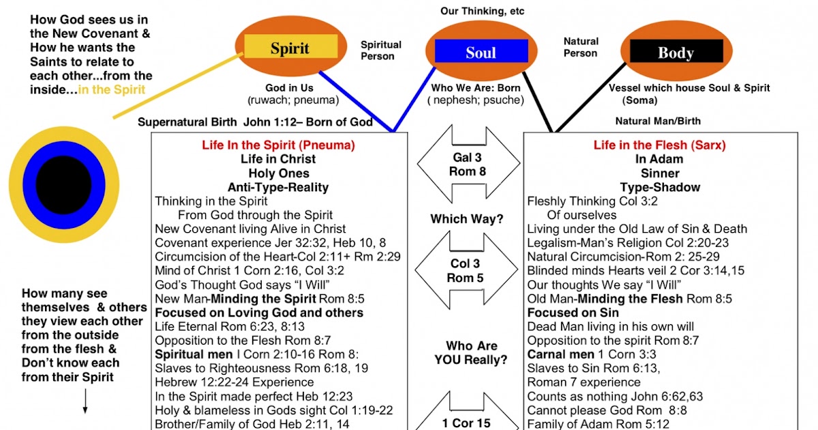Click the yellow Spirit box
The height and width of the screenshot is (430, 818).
tap(290, 47)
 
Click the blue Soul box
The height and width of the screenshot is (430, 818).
tap(481, 53)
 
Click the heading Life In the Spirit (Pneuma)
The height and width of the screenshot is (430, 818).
tap(278, 145)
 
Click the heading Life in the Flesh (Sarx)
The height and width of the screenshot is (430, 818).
tap(659, 145)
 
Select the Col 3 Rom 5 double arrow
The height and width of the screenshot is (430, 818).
tap(467, 270)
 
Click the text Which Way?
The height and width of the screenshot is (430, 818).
tap(467, 219)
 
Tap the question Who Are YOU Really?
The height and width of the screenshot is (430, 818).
tap(471, 353)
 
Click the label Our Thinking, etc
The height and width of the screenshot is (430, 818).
tap(483, 11)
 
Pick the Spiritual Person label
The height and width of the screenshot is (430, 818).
tap(380, 50)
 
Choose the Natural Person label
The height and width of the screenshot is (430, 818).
tap(581, 47)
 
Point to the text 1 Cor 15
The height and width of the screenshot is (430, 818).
tap(466, 423)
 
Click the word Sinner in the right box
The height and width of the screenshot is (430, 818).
tap(659, 173)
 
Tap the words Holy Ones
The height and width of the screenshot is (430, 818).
tap(278, 173)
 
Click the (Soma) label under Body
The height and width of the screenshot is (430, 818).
tap(639, 100)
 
